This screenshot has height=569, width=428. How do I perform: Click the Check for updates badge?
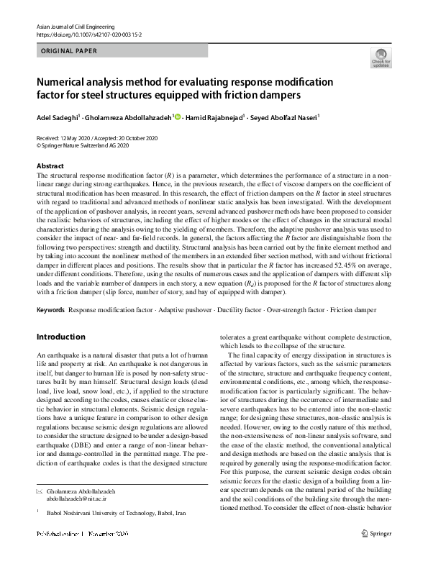coord(380,58)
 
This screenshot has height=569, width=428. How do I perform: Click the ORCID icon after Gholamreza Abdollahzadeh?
coord(177,117)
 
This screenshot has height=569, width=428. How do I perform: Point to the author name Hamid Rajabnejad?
coord(214,117)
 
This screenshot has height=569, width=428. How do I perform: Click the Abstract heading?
coord(50,165)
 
